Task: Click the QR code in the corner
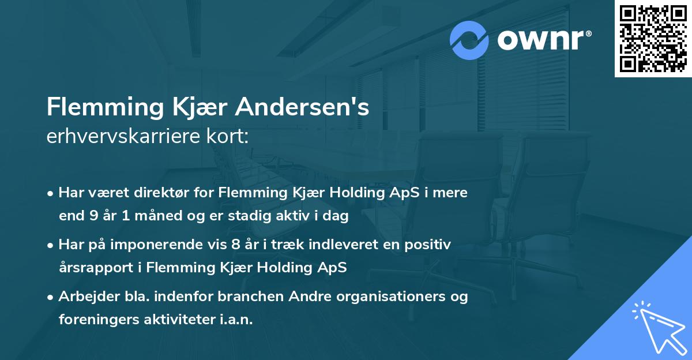(x=653, y=39)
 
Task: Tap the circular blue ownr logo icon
(x=470, y=40)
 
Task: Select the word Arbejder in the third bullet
(x=85, y=297)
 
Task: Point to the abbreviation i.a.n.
(x=235, y=320)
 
